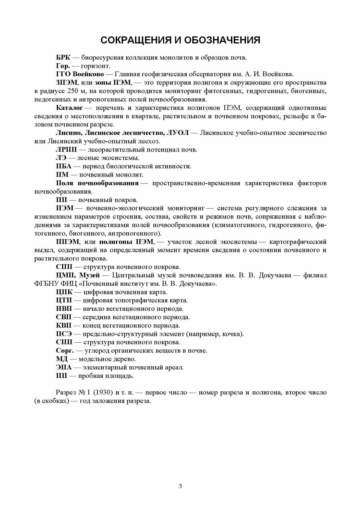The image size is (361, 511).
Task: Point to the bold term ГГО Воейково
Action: pyautogui.click(x=80, y=74)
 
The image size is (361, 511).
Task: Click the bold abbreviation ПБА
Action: pyautogui.click(x=64, y=166)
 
